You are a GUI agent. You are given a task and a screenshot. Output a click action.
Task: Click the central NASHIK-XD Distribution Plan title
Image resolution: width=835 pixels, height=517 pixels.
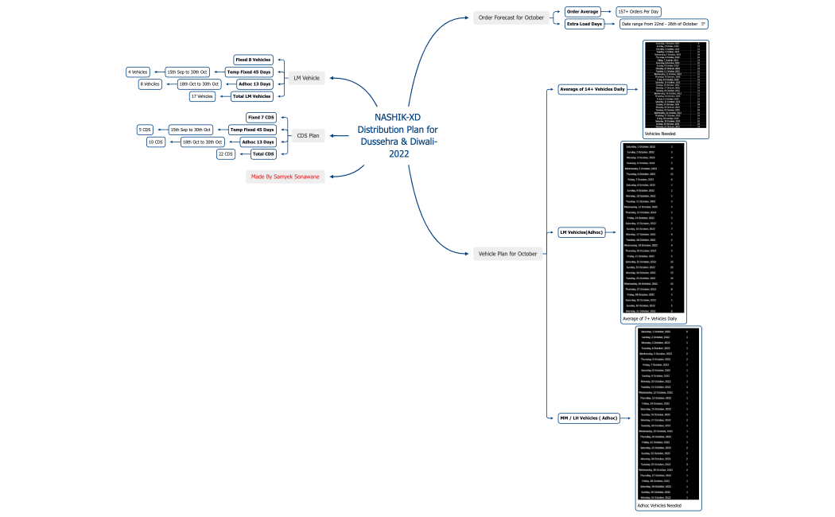tap(397, 135)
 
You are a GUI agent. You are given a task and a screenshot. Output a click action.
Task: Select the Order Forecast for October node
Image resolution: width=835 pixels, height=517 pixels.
tap(511, 17)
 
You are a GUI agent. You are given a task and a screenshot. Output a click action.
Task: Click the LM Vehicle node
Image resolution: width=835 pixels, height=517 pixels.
tap(306, 78)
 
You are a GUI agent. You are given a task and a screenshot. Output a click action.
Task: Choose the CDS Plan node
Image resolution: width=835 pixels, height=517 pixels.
tap(308, 135)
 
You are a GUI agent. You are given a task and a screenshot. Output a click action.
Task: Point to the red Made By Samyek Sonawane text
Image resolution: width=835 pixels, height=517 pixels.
tap(286, 177)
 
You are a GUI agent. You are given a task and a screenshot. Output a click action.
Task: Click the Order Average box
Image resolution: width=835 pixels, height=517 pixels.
tap(582, 12)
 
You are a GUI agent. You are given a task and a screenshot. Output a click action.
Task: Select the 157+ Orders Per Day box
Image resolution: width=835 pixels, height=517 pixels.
tap(639, 12)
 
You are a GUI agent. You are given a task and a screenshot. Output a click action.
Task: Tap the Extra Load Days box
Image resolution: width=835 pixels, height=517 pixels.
tap(584, 24)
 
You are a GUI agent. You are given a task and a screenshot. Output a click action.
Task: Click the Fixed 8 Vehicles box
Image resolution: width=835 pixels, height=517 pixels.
tap(254, 60)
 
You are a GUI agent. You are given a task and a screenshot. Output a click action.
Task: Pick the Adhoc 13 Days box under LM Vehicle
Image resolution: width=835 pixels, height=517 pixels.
tap(254, 84)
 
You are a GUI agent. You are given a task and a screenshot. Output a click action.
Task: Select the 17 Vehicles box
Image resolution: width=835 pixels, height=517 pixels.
tap(202, 96)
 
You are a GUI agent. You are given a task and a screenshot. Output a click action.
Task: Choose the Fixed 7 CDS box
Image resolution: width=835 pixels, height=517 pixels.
tap(260, 117)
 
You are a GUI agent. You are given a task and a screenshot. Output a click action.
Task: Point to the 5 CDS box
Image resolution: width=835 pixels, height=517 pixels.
tap(145, 130)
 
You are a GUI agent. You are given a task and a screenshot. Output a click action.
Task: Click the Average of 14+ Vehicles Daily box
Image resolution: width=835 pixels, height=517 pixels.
tap(592, 89)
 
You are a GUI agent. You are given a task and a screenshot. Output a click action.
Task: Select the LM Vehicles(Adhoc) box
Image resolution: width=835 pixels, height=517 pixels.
tap(582, 232)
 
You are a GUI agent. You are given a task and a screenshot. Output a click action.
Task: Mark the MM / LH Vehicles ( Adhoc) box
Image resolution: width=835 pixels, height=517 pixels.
tap(588, 418)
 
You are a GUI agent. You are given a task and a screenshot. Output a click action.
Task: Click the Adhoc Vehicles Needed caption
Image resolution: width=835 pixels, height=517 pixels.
tap(659, 505)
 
